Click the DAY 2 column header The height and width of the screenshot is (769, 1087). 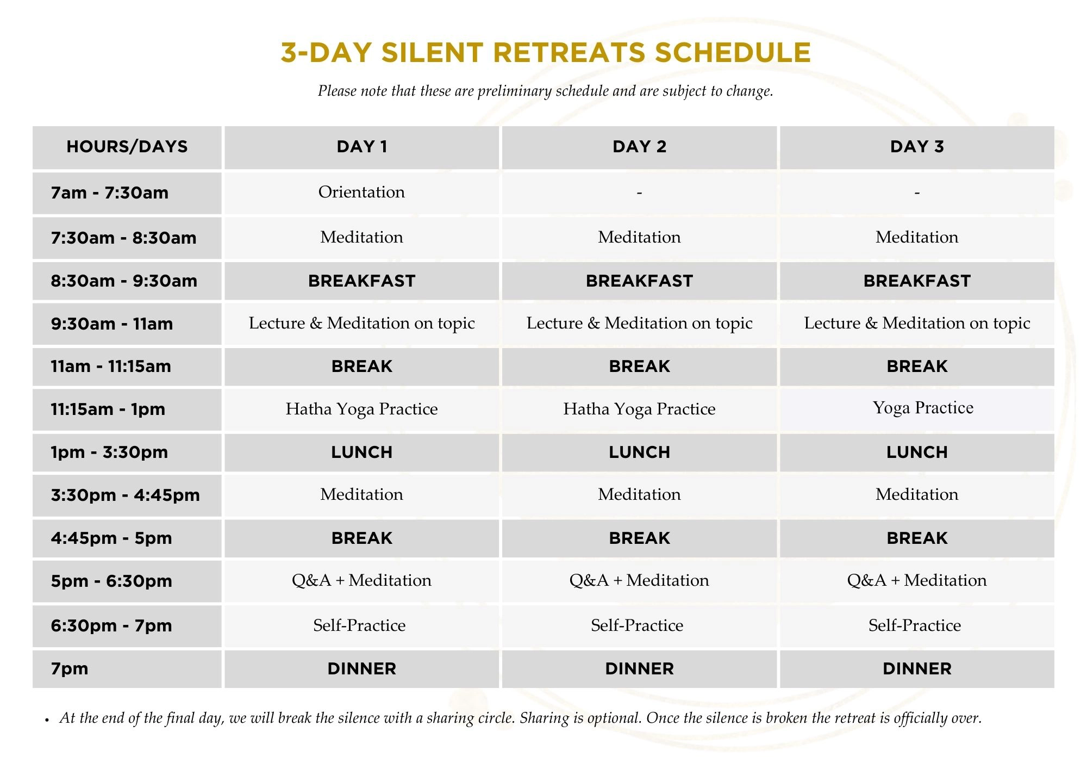[639, 147]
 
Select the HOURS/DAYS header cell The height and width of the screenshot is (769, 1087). [127, 147]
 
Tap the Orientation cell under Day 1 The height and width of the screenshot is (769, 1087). [361, 192]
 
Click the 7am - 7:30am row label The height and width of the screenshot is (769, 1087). [109, 193]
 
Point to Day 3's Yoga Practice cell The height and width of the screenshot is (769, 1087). [923, 408]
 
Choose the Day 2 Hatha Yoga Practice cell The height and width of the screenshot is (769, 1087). [639, 409]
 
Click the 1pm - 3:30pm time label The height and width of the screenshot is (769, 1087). [109, 452]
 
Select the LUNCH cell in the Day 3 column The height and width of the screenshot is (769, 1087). [917, 452]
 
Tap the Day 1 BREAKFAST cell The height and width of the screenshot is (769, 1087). [361, 281]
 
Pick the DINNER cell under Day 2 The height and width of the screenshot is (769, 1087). [639, 669]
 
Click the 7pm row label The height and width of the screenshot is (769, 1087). [70, 669]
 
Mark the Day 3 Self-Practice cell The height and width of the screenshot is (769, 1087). [915, 625]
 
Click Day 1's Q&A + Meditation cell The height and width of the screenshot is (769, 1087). [361, 580]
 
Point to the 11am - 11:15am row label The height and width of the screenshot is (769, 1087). [111, 367]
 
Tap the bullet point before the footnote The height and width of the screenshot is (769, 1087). [47, 720]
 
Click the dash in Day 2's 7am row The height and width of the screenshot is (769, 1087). [639, 193]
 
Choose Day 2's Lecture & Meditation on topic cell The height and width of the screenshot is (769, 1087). [639, 323]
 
